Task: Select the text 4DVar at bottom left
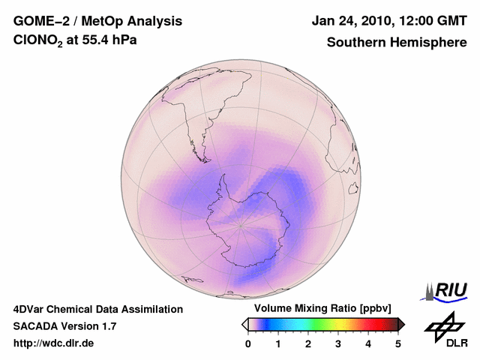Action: (x=31, y=309)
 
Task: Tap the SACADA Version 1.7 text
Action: (x=64, y=326)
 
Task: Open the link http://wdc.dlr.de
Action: (x=54, y=343)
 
